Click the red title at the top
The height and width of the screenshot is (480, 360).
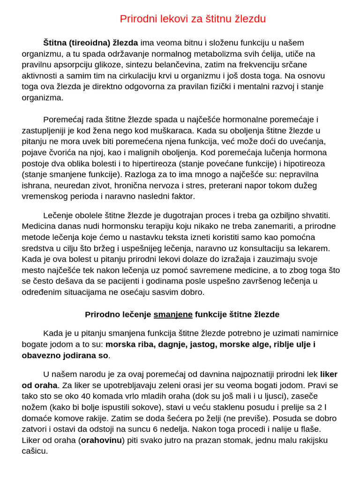193,19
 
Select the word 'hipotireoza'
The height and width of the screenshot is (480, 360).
303,164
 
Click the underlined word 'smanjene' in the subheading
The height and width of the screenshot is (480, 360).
173,315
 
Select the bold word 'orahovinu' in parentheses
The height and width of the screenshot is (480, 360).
101,440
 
